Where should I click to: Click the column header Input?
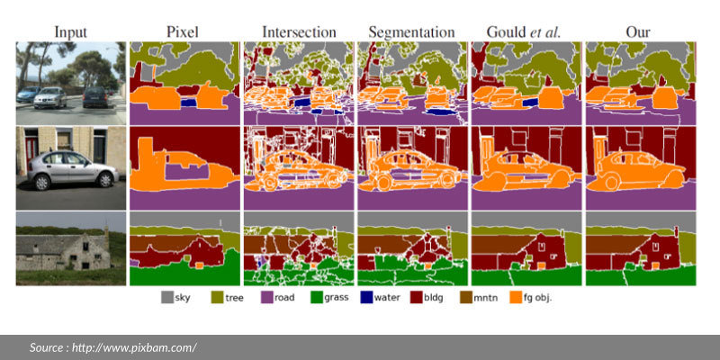70,31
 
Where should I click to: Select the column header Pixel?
183,31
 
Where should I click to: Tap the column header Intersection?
298,31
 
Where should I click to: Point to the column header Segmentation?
411,31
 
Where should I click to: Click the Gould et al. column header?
525,31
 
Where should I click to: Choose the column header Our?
639,31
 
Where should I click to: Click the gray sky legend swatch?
167,296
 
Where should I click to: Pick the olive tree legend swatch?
217,296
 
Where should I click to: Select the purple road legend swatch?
268,296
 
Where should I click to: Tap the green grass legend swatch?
318,296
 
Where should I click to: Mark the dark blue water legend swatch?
368,296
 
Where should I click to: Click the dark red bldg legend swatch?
418,296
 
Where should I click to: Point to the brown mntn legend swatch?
467,296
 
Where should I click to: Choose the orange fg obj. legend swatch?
517,296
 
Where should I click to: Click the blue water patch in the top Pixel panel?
187,103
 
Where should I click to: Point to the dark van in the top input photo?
95,95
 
